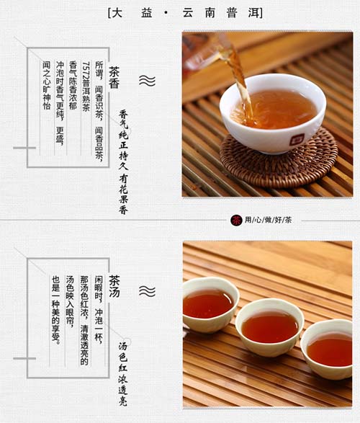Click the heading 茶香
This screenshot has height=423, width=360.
114,77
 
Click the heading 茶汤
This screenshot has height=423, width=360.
114,286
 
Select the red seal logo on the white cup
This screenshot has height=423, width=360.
297,140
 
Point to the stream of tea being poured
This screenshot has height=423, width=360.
240,81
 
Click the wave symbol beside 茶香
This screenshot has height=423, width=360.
147,81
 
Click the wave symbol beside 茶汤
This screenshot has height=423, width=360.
147,291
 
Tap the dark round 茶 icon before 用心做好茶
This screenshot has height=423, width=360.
236,221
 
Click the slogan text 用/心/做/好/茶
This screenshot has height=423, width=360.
268,220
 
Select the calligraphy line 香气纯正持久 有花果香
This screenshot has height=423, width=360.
123,162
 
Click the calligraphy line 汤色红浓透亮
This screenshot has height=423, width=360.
123,373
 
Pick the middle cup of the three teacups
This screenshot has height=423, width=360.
270,327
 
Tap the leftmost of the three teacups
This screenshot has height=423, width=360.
210,303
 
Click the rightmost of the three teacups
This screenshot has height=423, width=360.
327,349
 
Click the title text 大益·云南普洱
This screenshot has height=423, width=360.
185,13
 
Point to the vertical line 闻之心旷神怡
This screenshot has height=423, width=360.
47,85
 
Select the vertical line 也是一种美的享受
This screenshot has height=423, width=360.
55,310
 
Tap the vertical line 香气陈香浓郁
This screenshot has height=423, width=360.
73,85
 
